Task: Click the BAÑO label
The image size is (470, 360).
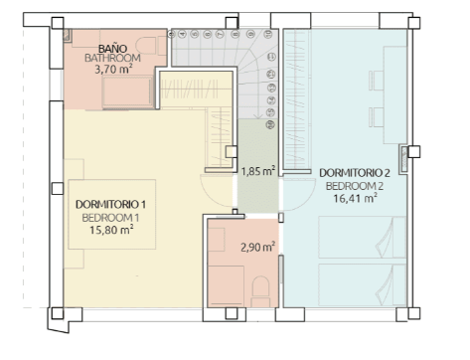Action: click(113, 49)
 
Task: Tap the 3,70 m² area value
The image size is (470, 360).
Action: click(113, 70)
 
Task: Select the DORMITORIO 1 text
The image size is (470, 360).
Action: click(110, 204)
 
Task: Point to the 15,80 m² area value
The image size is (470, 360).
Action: click(111, 230)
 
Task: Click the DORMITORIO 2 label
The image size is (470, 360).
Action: click(355, 173)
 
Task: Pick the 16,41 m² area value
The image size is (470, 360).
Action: click(355, 198)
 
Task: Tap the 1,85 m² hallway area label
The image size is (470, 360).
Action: click(258, 171)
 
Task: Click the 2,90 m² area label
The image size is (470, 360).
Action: click(257, 247)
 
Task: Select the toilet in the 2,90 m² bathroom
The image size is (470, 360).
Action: click(260, 291)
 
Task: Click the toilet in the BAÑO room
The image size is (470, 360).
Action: click(151, 46)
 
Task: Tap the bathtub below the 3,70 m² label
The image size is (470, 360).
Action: click(127, 92)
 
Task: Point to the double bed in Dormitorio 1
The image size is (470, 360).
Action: click(111, 214)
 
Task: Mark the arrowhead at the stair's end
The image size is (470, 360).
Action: click(258, 116)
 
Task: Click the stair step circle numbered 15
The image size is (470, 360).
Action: click(271, 112)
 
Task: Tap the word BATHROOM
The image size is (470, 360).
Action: click(112, 58)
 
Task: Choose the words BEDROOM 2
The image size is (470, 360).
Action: click(355, 186)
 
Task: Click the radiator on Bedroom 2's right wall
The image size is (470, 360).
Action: click(403, 159)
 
